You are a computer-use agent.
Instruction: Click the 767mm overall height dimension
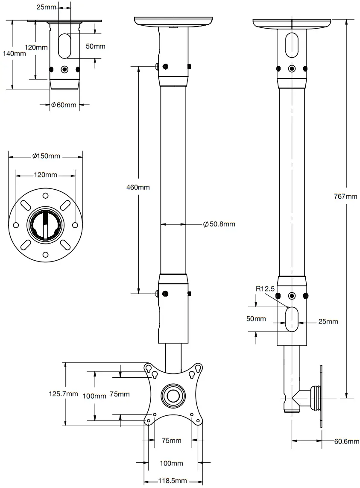[x=345, y=197]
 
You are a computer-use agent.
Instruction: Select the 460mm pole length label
[x=138, y=187]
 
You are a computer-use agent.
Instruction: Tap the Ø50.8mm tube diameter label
[x=219, y=224]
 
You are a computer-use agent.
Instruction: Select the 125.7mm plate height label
[x=62, y=394]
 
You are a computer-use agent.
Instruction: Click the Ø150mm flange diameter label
[x=46, y=156]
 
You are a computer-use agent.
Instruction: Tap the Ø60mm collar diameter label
[x=64, y=105]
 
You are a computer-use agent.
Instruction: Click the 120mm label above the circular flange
[x=45, y=175]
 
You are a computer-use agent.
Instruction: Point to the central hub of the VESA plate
[x=173, y=394]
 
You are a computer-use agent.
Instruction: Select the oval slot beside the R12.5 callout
[x=292, y=319]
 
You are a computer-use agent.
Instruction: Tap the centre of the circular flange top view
[x=45, y=225]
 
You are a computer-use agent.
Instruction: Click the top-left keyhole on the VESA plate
[x=148, y=368]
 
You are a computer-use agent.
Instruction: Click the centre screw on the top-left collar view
[x=64, y=69]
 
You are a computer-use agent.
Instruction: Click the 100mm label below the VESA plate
[x=171, y=463]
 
